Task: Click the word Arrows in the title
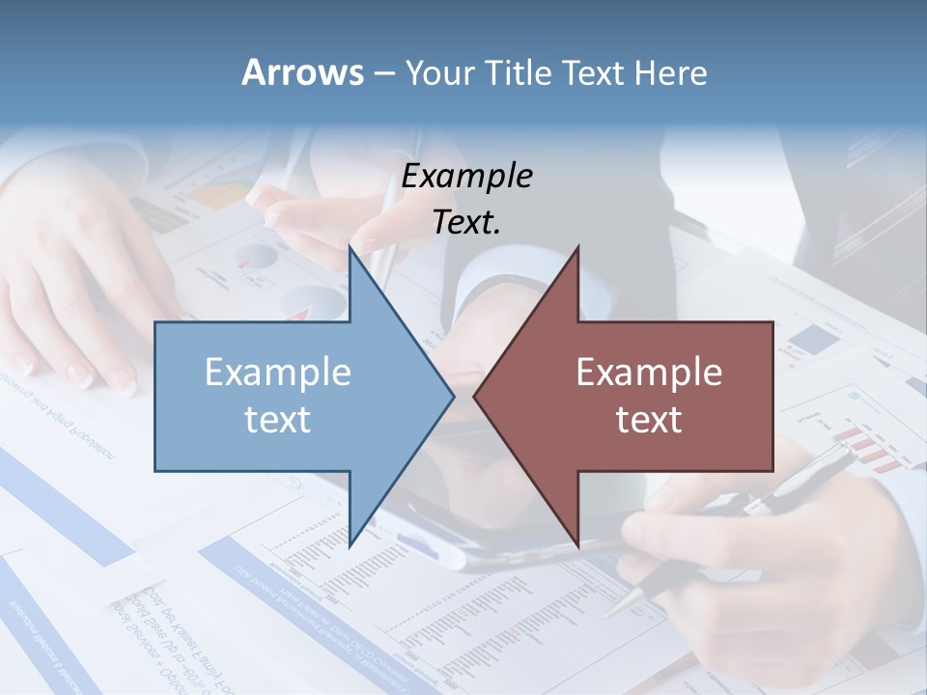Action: [x=302, y=72]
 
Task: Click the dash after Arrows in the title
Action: [x=383, y=74]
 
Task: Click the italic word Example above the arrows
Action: [x=466, y=177]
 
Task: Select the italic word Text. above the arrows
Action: [x=466, y=223]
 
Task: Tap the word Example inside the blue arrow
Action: [x=278, y=373]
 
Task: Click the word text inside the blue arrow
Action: [x=278, y=420]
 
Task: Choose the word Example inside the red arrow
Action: [x=649, y=373]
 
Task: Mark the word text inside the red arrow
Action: [x=649, y=420]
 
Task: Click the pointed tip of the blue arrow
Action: [x=453, y=396]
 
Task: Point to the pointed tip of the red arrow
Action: [x=475, y=396]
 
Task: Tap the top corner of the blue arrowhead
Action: [x=350, y=247]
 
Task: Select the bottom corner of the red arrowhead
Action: [x=577, y=544]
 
